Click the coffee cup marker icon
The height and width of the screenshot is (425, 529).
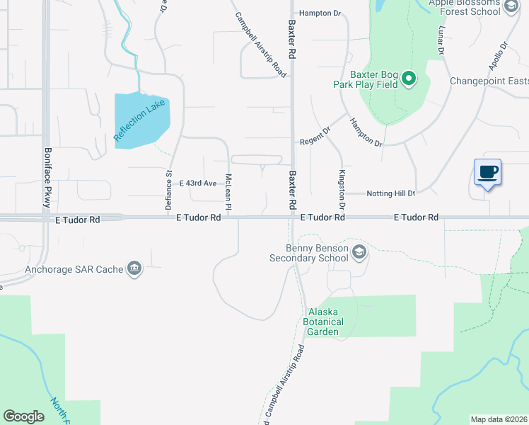click(488, 172)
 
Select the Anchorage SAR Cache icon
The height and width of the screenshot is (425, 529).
click(134, 268)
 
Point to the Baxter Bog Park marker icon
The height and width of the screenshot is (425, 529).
click(408, 79)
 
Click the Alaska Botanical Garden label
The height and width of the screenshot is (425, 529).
click(326, 322)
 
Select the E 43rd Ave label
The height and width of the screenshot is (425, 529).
click(198, 183)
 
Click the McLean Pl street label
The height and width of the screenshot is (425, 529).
click(228, 191)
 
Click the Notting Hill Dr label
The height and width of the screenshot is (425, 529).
click(390, 193)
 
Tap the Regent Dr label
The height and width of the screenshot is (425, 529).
click(315, 136)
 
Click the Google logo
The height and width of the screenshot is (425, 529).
click(23, 416)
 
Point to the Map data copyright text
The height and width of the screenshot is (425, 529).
click(499, 419)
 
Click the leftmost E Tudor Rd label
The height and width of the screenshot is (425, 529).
click(78, 220)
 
